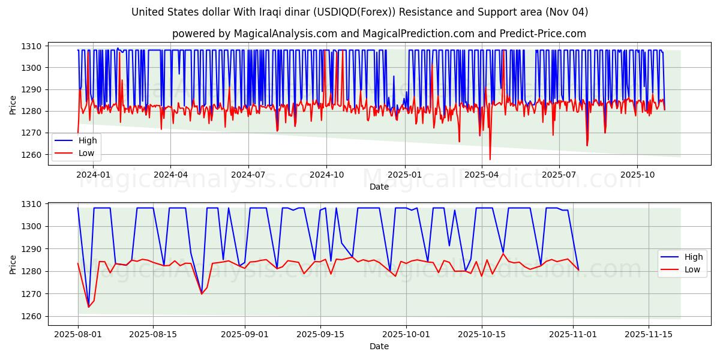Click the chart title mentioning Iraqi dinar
(359, 12)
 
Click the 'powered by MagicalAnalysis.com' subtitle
(379, 34)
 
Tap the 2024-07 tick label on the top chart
(248, 175)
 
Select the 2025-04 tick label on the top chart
(482, 175)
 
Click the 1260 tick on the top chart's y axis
(31, 155)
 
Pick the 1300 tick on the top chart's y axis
(31, 68)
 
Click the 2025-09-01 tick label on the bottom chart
(245, 334)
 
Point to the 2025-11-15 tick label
(649, 334)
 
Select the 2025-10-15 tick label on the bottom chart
(481, 334)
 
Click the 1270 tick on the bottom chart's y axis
(31, 294)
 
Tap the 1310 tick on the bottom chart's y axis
(31, 204)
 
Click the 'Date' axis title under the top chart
(379, 187)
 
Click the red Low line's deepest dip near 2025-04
(490, 159)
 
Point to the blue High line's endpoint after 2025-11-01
(578, 269)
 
